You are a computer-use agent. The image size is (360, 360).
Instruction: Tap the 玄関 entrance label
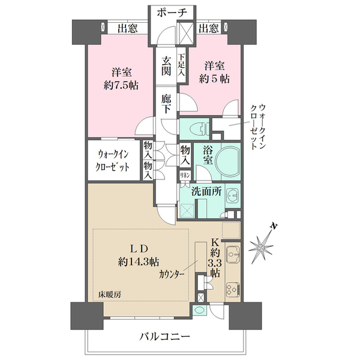point(166,66)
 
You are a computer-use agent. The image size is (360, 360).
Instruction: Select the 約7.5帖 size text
point(121,86)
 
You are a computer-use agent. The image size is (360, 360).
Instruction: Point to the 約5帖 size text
point(214,79)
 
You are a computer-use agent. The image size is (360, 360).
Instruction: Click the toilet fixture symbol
point(200,129)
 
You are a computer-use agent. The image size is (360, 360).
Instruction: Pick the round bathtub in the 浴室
point(228,161)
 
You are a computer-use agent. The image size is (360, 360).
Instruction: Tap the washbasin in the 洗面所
point(233,196)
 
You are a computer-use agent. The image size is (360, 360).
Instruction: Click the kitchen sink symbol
point(233,255)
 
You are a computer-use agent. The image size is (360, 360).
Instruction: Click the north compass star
point(261,247)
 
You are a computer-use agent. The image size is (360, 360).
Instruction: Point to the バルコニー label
point(165,337)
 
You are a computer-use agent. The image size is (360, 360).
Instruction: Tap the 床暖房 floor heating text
point(110,295)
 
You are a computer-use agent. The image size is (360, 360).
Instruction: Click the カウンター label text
point(172,274)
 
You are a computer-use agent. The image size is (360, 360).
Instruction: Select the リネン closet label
point(185,176)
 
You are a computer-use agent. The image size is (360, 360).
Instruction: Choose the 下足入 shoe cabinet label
point(182,65)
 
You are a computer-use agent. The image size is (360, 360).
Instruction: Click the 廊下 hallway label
point(166,104)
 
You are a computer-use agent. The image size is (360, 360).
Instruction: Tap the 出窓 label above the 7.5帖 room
point(127,29)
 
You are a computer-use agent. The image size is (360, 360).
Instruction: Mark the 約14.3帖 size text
point(139,262)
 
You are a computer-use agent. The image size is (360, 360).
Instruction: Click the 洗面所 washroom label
point(206,191)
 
